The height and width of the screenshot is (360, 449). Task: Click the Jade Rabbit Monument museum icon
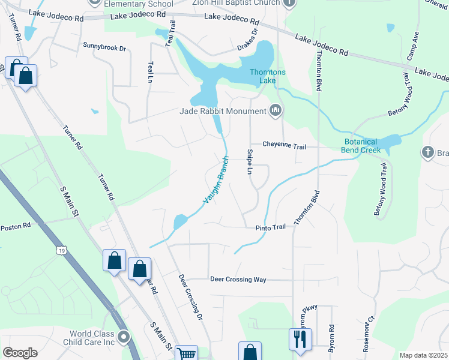(276, 110)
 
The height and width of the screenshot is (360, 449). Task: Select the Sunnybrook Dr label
(105, 46)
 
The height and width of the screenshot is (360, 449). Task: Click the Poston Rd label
(15, 227)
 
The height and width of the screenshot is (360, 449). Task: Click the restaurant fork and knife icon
(298, 338)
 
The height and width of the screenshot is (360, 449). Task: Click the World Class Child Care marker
(124, 337)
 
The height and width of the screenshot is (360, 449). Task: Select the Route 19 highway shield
(61, 250)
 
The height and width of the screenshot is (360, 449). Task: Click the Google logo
(20, 353)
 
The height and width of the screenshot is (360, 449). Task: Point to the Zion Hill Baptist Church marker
(289, 3)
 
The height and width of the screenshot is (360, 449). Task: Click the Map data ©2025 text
(423, 355)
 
